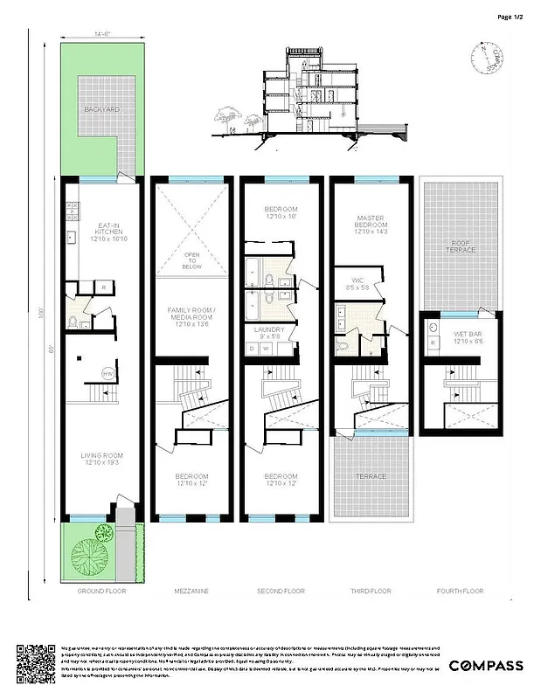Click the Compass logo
[x=486, y=666]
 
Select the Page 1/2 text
[x=510, y=16]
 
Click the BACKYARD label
[x=101, y=110]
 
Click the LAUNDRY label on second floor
[x=281, y=332]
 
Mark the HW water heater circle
[x=108, y=373]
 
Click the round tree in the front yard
[x=87, y=552]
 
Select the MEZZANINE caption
[x=191, y=592]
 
